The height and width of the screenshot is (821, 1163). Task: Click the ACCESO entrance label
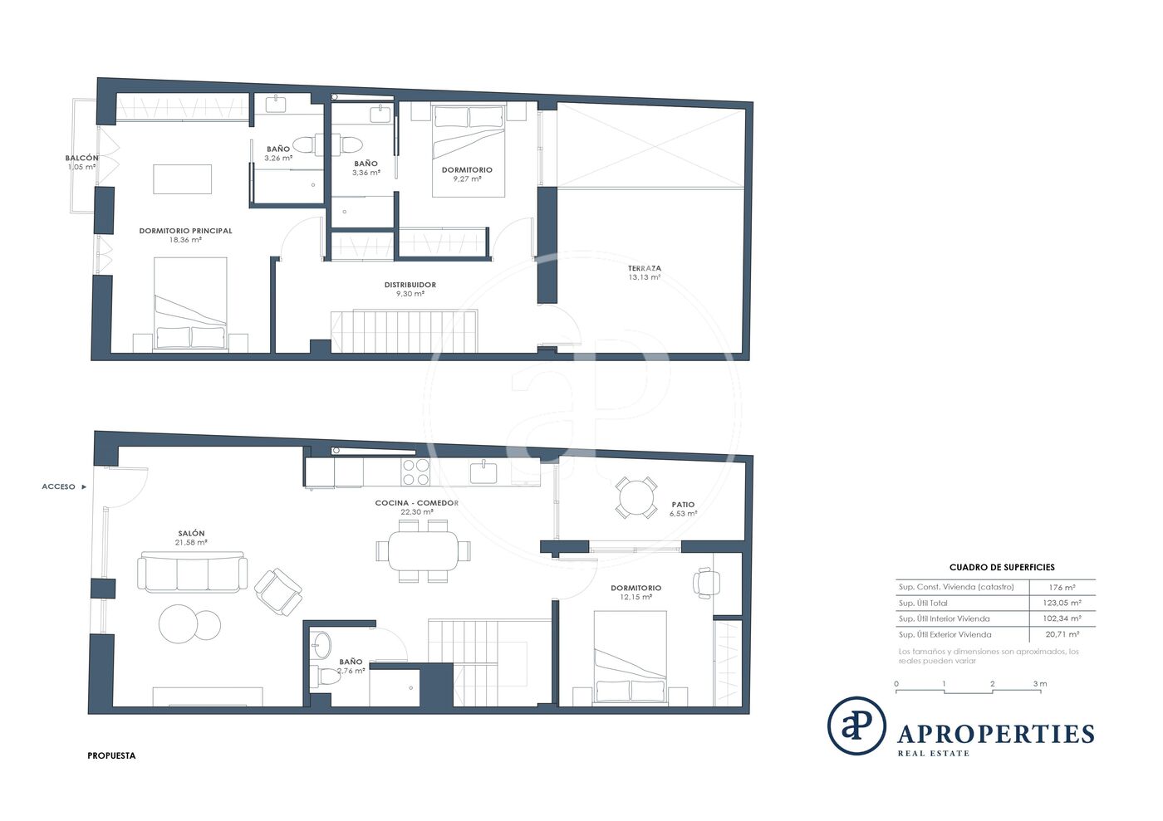pyautogui.click(x=59, y=486)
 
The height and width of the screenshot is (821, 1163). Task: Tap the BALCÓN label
pyautogui.click(x=81, y=158)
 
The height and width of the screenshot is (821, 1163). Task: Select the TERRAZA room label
pyautogui.click(x=645, y=268)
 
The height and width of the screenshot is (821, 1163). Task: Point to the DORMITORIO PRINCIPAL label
pyautogui.click(x=185, y=231)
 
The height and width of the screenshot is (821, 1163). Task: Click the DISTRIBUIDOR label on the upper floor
pyautogui.click(x=410, y=285)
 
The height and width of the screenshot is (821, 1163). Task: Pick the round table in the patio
pyautogui.click(x=636, y=498)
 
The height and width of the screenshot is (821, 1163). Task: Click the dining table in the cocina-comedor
pyautogui.click(x=423, y=550)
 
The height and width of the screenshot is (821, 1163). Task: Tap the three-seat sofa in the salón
pyautogui.click(x=192, y=573)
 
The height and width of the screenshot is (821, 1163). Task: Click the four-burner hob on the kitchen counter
pyautogui.click(x=415, y=472)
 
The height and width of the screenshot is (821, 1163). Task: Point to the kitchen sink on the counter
pyautogui.click(x=483, y=472)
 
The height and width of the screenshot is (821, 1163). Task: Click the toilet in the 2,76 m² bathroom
pyautogui.click(x=326, y=677)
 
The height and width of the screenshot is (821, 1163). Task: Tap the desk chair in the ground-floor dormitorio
pyautogui.click(x=706, y=583)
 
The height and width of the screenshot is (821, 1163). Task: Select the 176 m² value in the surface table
pyautogui.click(x=1062, y=588)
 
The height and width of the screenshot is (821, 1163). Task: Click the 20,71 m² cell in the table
pyautogui.click(x=1062, y=634)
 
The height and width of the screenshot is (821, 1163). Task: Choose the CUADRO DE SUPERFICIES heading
pyautogui.click(x=1002, y=567)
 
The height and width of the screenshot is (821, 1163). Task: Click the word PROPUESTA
pyautogui.click(x=111, y=755)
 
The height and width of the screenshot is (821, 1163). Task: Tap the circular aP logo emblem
pyautogui.click(x=856, y=726)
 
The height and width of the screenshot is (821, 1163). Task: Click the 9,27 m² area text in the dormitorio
pyautogui.click(x=467, y=178)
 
